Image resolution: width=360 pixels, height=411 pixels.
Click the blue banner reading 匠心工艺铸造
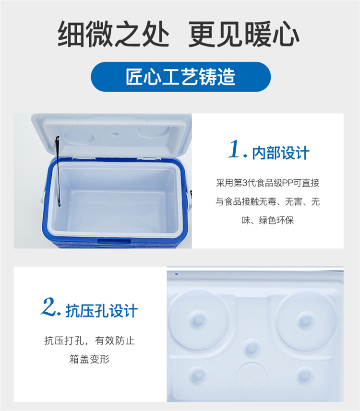point(181,77)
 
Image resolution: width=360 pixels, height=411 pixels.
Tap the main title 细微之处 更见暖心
point(179,35)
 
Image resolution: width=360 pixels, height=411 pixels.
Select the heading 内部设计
point(280,153)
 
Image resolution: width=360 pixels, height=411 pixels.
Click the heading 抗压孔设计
point(102,311)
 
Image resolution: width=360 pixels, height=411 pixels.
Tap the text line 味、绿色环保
point(268,220)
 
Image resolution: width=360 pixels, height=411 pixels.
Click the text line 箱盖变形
point(89,359)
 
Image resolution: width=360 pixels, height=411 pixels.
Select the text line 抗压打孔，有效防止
point(89,341)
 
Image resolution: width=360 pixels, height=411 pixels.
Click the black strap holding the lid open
point(58,170)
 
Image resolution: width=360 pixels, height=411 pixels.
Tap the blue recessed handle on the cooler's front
point(114,241)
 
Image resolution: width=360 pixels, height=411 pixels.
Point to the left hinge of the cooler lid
point(84,158)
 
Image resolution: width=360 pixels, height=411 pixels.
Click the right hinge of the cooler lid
point(148,158)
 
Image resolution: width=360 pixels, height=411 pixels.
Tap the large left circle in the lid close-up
point(199,320)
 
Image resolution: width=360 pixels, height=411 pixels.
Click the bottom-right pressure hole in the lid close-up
point(304,376)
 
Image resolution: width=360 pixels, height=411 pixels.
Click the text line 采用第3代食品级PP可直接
point(268,183)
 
